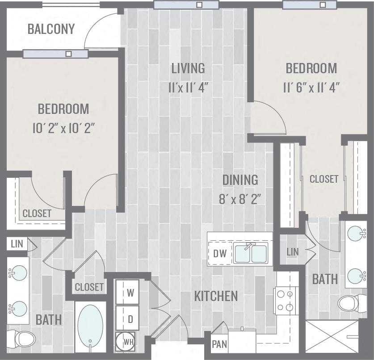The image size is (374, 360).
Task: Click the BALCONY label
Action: [51, 29]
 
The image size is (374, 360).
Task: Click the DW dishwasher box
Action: [220, 254]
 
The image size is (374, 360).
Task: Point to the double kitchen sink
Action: [251, 254]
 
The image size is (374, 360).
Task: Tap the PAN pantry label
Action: [219, 345]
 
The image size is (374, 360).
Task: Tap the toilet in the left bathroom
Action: [23, 339]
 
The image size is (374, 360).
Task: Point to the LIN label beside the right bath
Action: [293, 252]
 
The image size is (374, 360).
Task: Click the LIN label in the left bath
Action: [16, 244]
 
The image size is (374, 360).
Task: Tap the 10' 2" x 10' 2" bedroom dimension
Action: [63, 128]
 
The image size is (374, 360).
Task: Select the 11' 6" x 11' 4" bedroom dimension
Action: [311, 87]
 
